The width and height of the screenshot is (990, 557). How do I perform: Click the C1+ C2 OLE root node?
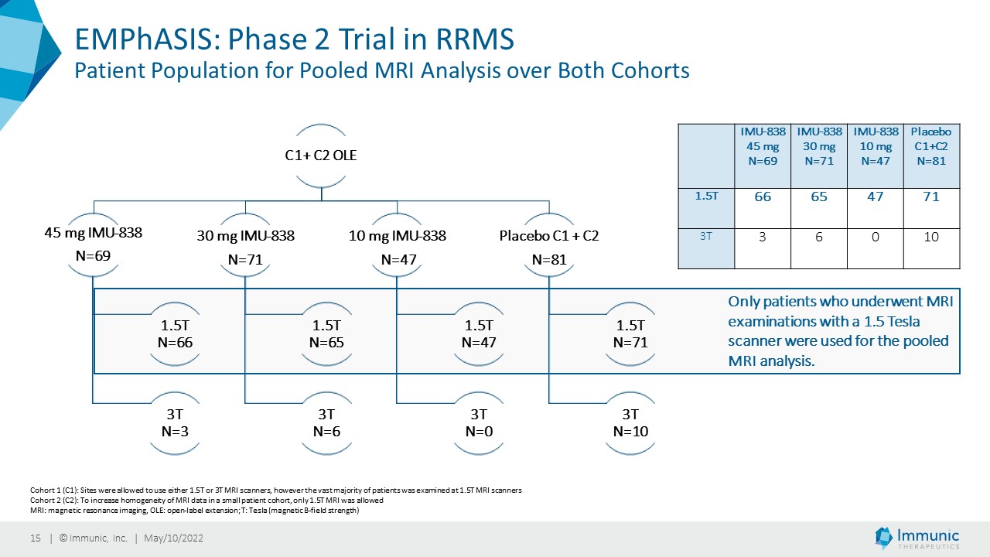coord(321,155)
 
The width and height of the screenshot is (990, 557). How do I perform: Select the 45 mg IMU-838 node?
coord(94,244)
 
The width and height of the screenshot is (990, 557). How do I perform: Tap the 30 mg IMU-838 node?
coord(245,246)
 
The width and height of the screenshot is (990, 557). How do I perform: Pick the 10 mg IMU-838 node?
coord(398,246)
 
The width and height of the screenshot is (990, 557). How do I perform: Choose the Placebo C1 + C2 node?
coord(549,246)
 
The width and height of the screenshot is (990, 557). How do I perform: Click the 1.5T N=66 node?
coord(175,333)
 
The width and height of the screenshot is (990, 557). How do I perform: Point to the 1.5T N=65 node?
coord(326,333)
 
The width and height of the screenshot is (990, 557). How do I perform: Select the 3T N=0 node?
coord(479,422)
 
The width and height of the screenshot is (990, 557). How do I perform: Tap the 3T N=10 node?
coord(630,422)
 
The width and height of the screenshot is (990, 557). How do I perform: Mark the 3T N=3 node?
coord(175,422)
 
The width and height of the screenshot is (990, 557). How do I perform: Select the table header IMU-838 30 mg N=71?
coord(819,146)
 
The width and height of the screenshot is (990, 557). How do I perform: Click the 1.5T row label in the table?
coord(706,196)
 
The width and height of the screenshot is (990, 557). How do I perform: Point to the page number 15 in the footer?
coord(36,538)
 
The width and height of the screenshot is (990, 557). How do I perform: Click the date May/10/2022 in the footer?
coord(174,538)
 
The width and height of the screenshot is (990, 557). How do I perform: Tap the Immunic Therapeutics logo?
coord(917,538)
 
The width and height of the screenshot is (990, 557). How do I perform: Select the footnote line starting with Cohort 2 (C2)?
coord(207,501)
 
